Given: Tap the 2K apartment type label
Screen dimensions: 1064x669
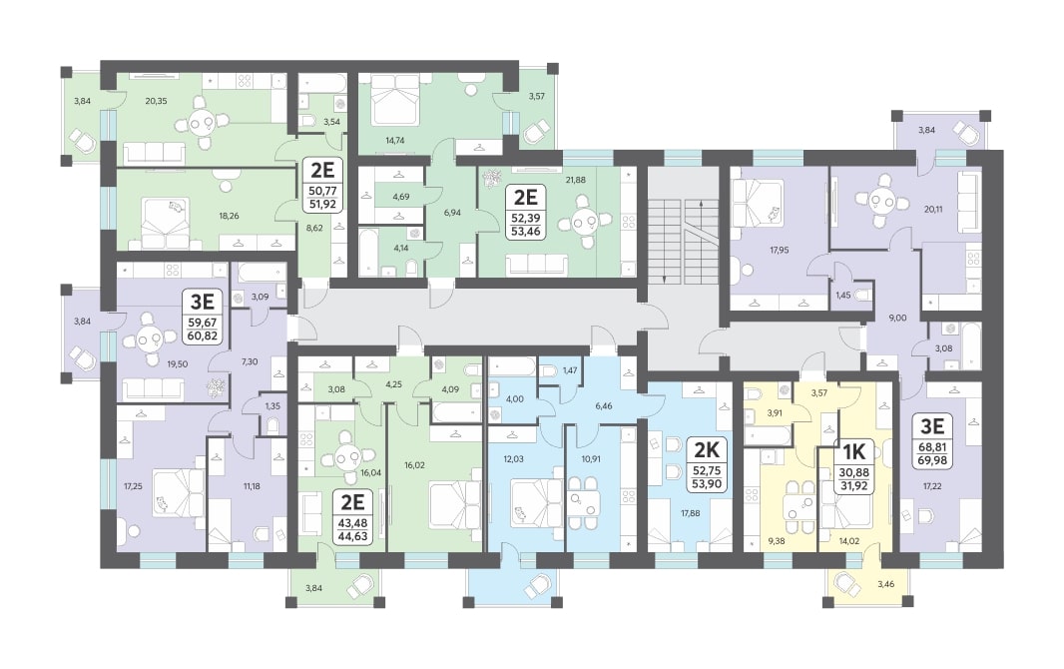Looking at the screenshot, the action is click(706, 448).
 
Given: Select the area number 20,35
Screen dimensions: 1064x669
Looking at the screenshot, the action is click(156, 101).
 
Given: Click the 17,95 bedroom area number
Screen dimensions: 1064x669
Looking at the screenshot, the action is click(779, 250).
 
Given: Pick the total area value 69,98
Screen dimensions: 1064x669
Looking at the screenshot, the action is click(933, 461).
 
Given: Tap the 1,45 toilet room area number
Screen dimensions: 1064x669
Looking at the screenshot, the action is click(842, 296).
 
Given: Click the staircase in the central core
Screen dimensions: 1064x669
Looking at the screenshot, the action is click(682, 241).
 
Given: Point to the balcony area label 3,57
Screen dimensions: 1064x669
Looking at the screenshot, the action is click(537, 96).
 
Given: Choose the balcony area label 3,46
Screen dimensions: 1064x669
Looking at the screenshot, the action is click(885, 583).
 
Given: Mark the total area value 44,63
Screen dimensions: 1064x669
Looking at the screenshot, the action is click(353, 536).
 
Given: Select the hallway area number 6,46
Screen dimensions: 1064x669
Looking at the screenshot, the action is click(603, 405).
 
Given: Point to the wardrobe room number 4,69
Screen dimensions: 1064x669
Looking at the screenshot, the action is click(401, 198).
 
